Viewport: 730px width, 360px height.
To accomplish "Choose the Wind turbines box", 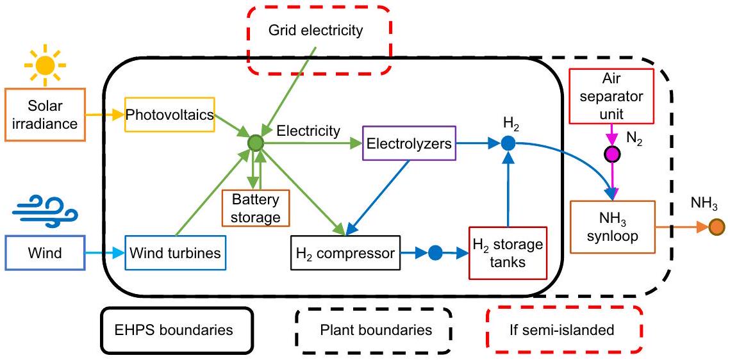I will pos(175,253).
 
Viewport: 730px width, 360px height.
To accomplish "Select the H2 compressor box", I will pos(345,253).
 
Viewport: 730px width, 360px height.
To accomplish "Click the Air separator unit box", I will pos(611,95).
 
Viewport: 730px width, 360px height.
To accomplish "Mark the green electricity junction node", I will pos(256,143).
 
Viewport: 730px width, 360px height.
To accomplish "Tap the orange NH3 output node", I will pos(717,226).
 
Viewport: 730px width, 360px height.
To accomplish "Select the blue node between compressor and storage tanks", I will pos(435,253).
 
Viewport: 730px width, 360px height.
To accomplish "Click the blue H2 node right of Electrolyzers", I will pos(508,143).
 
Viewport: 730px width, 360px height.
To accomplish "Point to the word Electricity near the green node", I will pos(308,131).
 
